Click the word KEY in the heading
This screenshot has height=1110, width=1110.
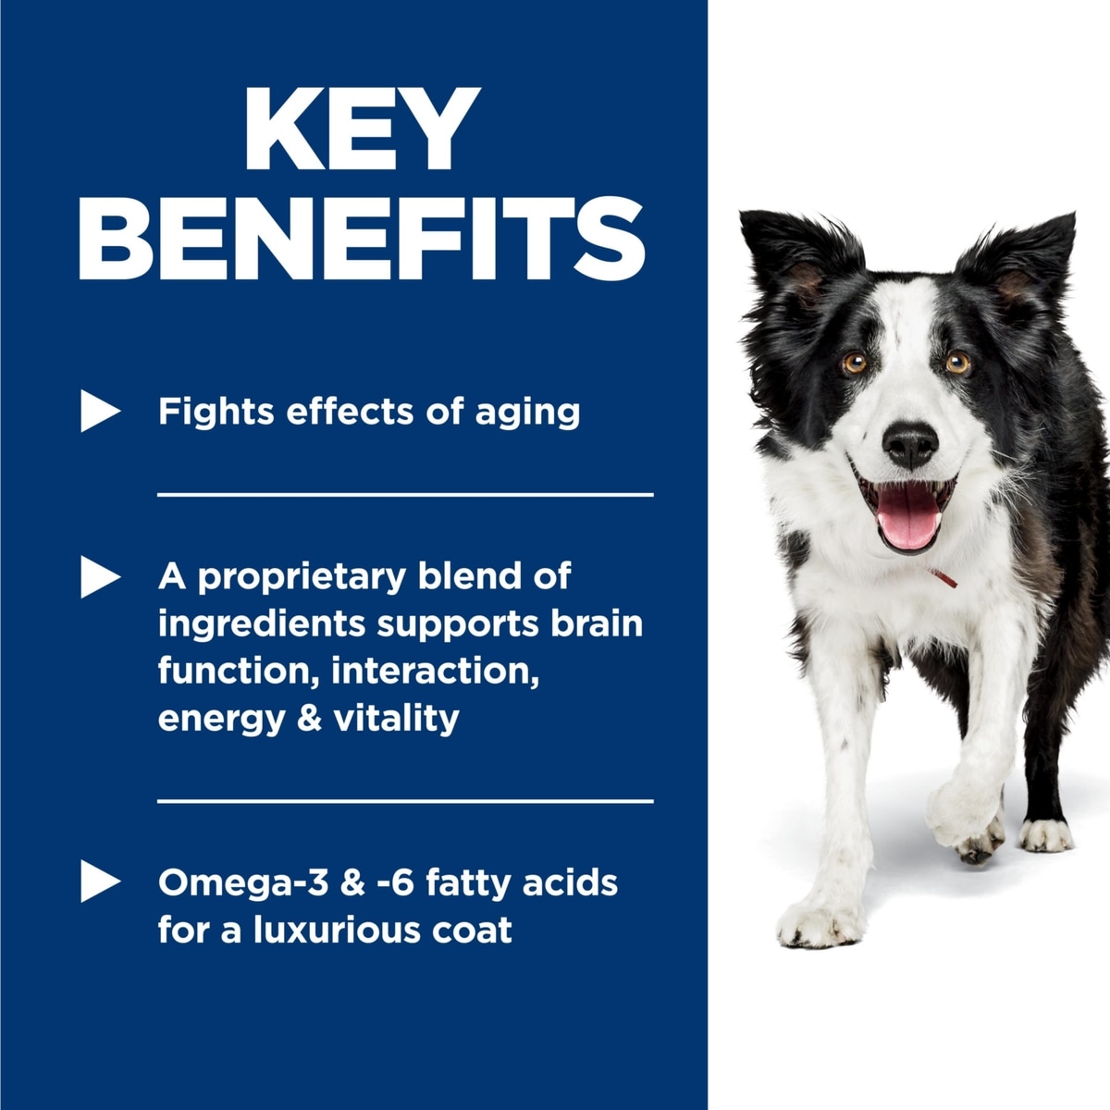(x=363, y=129)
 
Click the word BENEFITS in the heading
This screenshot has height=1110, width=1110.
(x=362, y=239)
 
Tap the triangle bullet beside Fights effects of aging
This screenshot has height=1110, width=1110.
(x=100, y=411)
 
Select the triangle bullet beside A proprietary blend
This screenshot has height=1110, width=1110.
(x=100, y=576)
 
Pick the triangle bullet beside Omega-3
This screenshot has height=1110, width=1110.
(x=100, y=881)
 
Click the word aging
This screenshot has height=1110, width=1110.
(x=527, y=413)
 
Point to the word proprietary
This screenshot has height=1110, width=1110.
(x=302, y=578)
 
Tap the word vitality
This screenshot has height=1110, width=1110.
(x=396, y=719)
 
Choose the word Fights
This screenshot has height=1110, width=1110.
(x=216, y=413)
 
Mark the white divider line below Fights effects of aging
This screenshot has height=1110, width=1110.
(x=405, y=494)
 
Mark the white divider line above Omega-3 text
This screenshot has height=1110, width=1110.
(x=405, y=801)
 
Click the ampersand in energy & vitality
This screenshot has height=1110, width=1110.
(x=309, y=718)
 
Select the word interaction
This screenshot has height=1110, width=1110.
(x=435, y=671)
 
